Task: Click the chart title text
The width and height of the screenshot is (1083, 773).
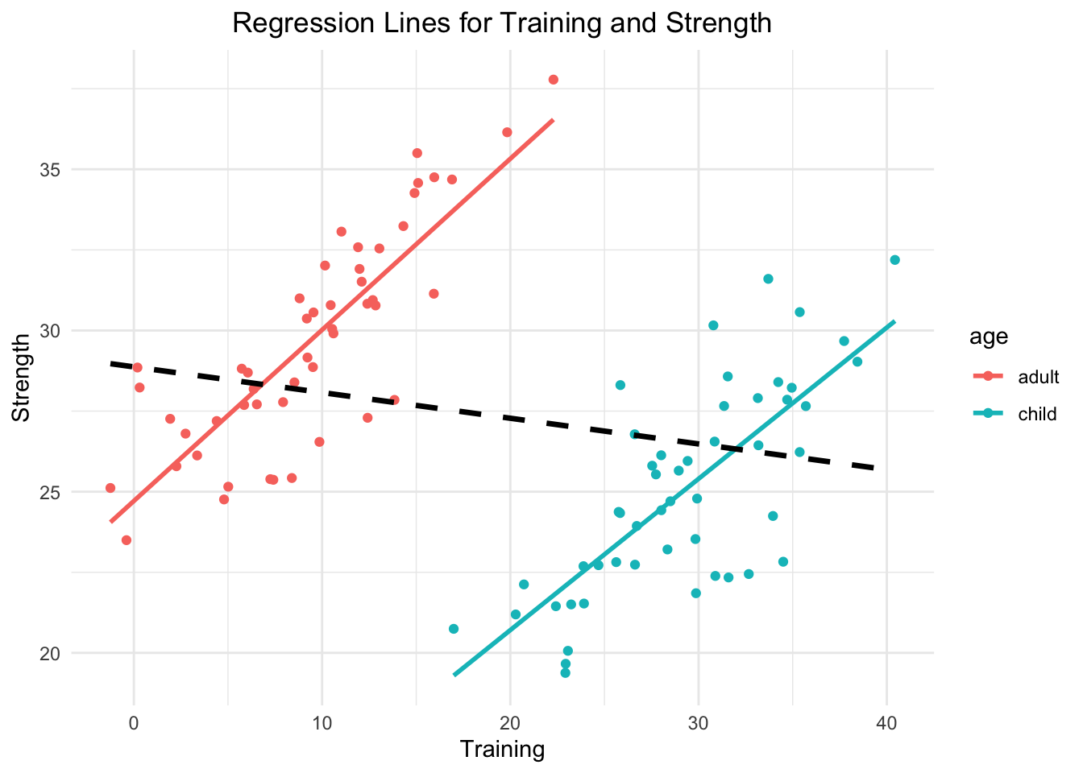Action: (x=501, y=23)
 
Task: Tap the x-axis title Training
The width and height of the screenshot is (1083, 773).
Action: (x=501, y=750)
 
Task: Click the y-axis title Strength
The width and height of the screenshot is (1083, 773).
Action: (x=23, y=378)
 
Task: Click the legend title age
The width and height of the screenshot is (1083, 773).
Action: (x=989, y=337)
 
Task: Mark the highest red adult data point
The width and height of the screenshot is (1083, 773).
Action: (x=553, y=80)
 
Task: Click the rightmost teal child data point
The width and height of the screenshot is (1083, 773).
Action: (x=894, y=260)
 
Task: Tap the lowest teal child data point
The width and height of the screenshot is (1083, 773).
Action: (x=565, y=672)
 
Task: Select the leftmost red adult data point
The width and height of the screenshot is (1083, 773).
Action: (x=110, y=488)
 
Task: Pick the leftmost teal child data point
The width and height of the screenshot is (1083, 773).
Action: (x=454, y=629)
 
